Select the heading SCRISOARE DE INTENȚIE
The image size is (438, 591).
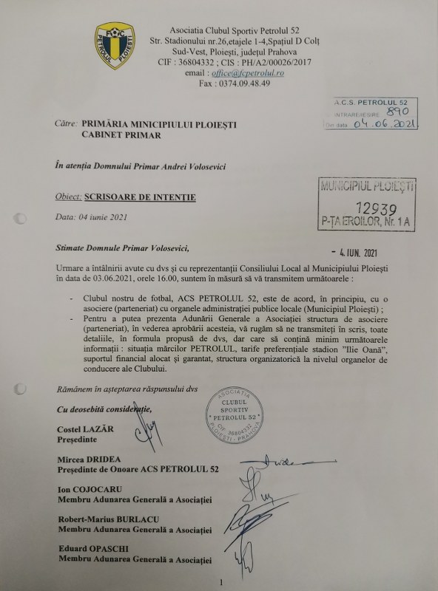click(140, 199)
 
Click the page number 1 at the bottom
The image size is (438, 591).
click(220, 583)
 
